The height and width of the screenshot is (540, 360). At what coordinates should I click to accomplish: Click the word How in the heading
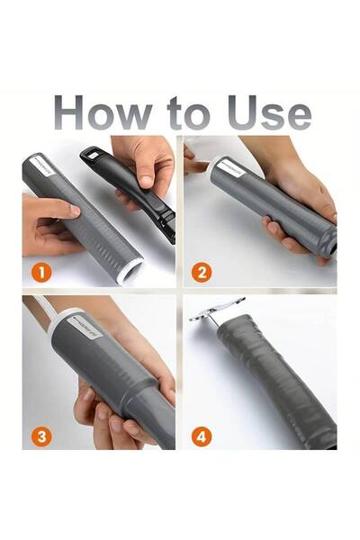point(98,112)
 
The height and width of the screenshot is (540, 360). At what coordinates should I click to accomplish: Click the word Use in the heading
point(265,112)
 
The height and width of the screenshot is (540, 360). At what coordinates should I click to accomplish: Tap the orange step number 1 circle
point(39,270)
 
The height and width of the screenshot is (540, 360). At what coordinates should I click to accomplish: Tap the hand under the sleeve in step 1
point(49,225)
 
